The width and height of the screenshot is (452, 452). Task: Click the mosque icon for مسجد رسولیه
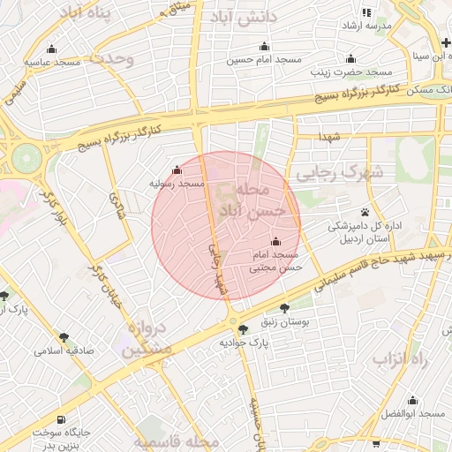click(177, 170)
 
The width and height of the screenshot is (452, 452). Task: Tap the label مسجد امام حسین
click(264, 59)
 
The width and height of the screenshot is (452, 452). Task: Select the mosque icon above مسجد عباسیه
click(51, 49)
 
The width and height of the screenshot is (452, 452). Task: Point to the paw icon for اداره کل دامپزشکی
click(365, 212)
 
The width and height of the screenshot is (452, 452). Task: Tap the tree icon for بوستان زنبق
click(283, 308)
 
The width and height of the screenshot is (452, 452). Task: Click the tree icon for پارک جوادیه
click(244, 328)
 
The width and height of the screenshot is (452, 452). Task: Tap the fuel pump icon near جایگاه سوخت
click(60, 419)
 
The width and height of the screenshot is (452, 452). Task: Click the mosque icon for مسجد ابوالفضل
click(412, 400)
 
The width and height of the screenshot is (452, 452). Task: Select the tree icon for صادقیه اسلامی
click(64, 337)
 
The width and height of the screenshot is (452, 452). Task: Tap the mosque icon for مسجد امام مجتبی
click(275, 241)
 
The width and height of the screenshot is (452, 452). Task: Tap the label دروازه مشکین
click(148, 339)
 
